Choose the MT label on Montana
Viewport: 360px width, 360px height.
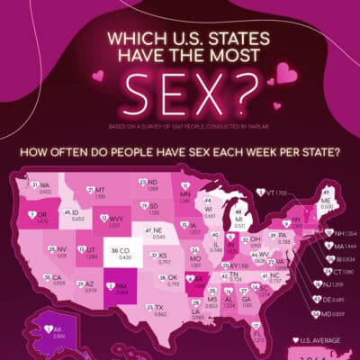100,190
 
